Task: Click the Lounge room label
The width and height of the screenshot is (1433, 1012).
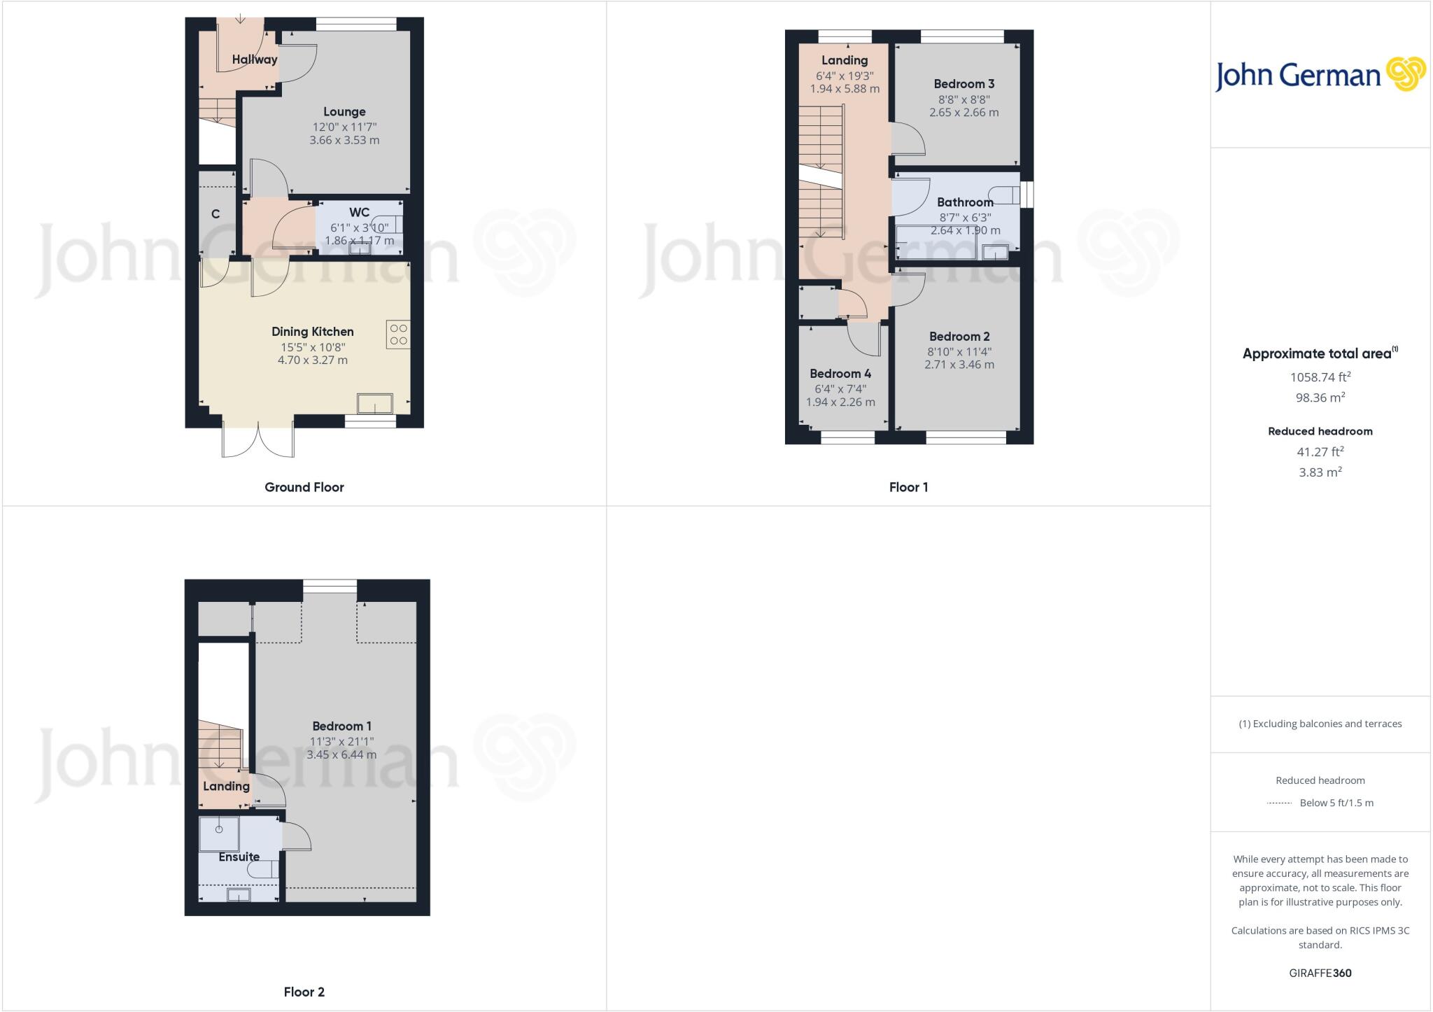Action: pyautogui.click(x=344, y=112)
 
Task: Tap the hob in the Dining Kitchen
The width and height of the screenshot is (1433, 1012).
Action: pyautogui.click(x=398, y=335)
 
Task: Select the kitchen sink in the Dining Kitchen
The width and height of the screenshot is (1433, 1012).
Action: pyautogui.click(x=375, y=404)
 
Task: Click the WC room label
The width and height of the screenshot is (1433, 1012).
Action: pyautogui.click(x=359, y=213)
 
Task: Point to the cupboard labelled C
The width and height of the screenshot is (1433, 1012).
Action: pyautogui.click(x=216, y=214)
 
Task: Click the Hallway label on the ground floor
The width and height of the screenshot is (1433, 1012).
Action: pyautogui.click(x=255, y=59)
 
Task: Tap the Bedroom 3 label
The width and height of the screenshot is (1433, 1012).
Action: pyautogui.click(x=963, y=84)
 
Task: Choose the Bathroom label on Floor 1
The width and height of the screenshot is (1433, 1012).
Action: pyautogui.click(x=965, y=202)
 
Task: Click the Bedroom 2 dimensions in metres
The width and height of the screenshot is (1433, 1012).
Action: pyautogui.click(x=959, y=365)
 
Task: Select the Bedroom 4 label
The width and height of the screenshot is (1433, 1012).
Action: pyautogui.click(x=840, y=374)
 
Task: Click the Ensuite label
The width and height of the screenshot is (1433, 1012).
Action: pyautogui.click(x=239, y=857)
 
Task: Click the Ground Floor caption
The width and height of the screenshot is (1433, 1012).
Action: pyautogui.click(x=304, y=487)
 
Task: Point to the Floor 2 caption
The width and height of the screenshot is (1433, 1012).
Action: pyautogui.click(x=304, y=992)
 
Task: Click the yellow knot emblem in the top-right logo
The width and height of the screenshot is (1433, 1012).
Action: pyautogui.click(x=1406, y=75)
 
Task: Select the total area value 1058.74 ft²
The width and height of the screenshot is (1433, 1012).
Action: pyautogui.click(x=1320, y=377)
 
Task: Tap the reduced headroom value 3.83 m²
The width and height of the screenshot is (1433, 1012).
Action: pyautogui.click(x=1320, y=472)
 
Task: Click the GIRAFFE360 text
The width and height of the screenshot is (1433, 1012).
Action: pyautogui.click(x=1320, y=973)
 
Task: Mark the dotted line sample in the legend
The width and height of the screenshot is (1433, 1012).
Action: pyautogui.click(x=1279, y=803)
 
